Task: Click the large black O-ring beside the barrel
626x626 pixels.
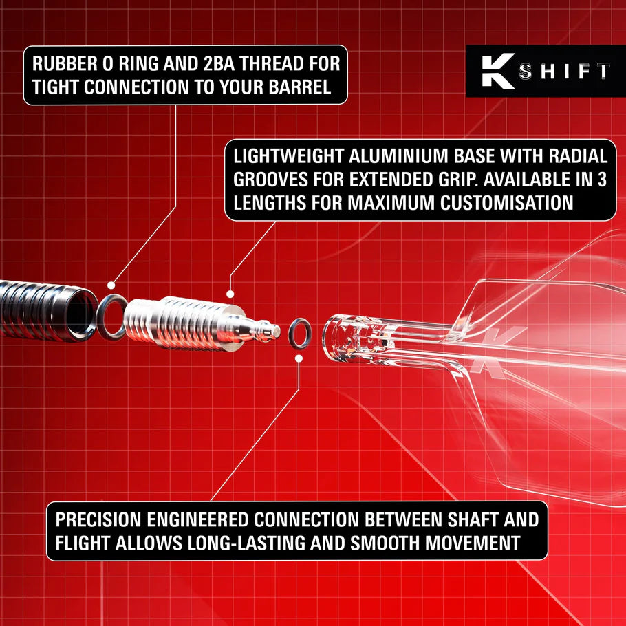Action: pyautogui.click(x=111, y=317)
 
